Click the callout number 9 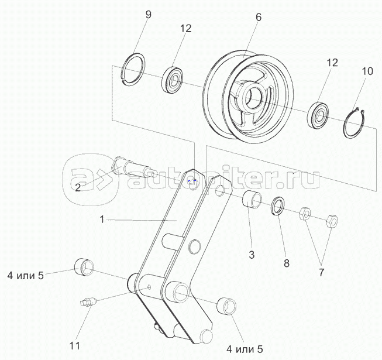click(148, 15)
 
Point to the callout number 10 click(367, 71)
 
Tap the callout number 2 click(78, 187)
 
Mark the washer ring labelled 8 click(278, 207)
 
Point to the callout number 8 click(286, 263)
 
